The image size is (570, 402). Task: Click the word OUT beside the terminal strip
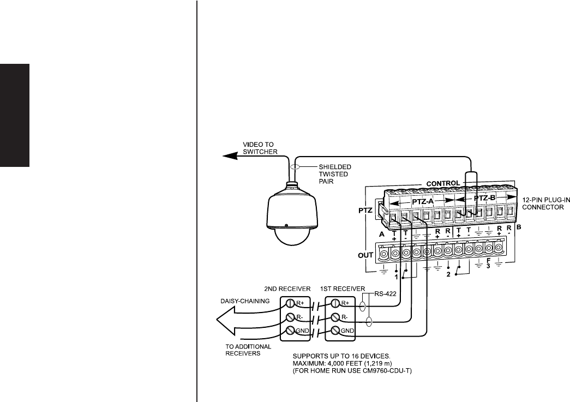tap(366, 254)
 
